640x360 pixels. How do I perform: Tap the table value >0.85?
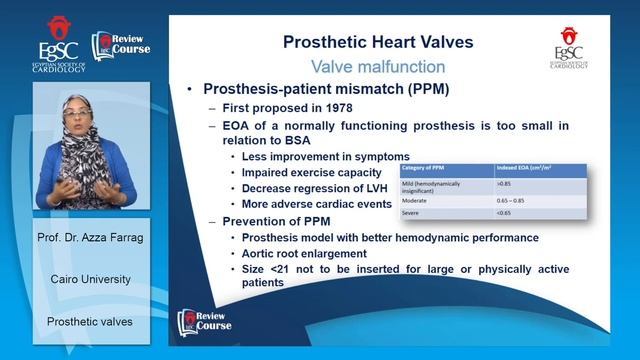click(505, 185)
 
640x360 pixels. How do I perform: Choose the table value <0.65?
click(506, 214)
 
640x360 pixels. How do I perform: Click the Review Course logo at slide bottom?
click(205, 320)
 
